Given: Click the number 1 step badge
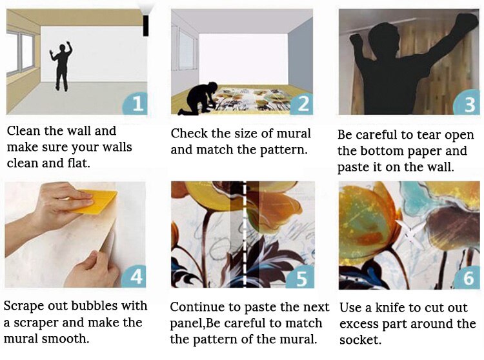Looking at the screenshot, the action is coord(136,103).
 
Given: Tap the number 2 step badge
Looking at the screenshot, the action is coord(301,104).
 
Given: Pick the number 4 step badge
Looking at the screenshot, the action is coord(134,276).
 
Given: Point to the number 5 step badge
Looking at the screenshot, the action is coord(300,277).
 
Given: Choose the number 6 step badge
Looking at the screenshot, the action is coord(467,277).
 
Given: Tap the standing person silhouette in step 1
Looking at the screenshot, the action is coord(62,66).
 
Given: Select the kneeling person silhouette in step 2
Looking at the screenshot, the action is coord(198,99).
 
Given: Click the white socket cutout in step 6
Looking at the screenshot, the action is coord(410,232).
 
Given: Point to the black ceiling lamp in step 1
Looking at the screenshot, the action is coord(145,25).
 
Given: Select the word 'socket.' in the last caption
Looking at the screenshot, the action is coord(360,340).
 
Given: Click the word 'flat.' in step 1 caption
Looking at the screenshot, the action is coord(78,163).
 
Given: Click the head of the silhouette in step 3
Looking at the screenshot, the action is coord(384,40).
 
